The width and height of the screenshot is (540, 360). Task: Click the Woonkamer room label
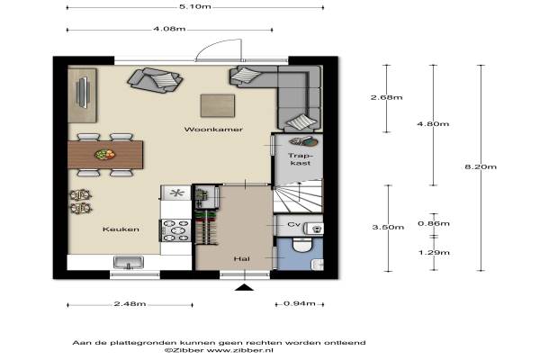(x=213, y=130)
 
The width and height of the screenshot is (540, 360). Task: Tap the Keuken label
(x=121, y=229)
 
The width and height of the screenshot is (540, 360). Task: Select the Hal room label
(x=242, y=258)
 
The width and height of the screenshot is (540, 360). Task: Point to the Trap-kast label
(x=301, y=159)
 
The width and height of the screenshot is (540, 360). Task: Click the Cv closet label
(x=293, y=224)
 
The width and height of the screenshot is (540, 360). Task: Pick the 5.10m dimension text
(x=195, y=6)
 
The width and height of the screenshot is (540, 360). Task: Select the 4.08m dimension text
(x=169, y=29)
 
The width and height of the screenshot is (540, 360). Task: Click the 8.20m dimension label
(x=481, y=166)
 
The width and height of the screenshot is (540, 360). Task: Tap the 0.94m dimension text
(x=300, y=303)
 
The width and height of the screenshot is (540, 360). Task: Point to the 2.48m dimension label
(x=130, y=304)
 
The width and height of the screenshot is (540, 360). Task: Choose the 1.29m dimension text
(x=434, y=253)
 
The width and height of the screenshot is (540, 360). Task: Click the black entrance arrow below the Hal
(x=244, y=287)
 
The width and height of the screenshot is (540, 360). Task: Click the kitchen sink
(x=129, y=263)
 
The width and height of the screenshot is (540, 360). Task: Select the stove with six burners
(x=175, y=230)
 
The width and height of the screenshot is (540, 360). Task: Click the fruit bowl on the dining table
(x=104, y=154)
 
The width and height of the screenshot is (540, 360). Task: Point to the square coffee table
(x=218, y=106)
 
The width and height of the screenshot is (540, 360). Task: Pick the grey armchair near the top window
(x=155, y=80)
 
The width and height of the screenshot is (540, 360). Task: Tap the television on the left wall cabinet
(x=83, y=93)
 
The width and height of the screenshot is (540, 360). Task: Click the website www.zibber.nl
(x=240, y=350)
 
